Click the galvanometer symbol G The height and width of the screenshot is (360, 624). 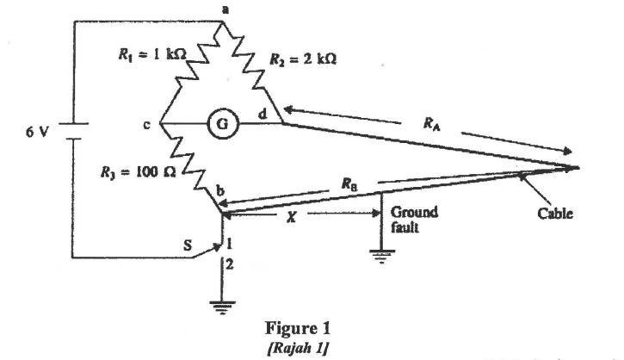pos(211,123)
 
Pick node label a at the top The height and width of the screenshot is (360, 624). pos(226,8)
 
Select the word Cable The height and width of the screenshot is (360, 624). pos(556,212)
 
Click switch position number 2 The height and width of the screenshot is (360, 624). pos(229,268)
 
